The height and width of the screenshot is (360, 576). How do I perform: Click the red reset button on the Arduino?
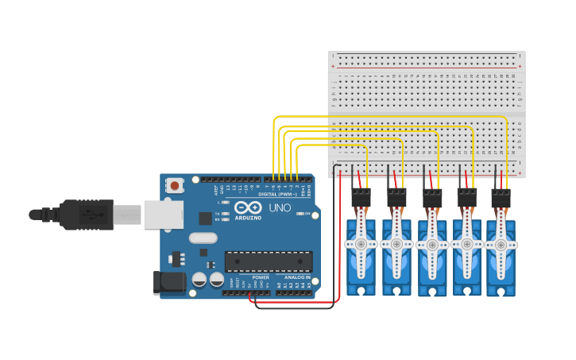174,185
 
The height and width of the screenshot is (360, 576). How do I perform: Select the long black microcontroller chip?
268,261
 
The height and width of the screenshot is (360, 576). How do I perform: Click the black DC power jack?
168,282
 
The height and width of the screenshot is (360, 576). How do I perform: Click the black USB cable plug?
79,214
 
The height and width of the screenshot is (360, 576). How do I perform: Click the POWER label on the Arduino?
261,277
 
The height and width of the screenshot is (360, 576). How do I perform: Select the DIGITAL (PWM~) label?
278,194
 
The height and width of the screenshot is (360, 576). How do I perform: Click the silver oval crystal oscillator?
203,237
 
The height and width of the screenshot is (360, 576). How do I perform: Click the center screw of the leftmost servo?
361,244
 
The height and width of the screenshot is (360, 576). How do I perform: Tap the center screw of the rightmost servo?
501,244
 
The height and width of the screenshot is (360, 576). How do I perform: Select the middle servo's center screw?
431,244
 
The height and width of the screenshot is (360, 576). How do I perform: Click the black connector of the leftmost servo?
361,196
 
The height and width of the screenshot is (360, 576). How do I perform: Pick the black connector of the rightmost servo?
501,196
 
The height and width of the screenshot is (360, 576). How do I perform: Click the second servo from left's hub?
396,244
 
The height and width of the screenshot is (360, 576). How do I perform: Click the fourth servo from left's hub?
466,244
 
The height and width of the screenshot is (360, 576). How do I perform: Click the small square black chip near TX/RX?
205,218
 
